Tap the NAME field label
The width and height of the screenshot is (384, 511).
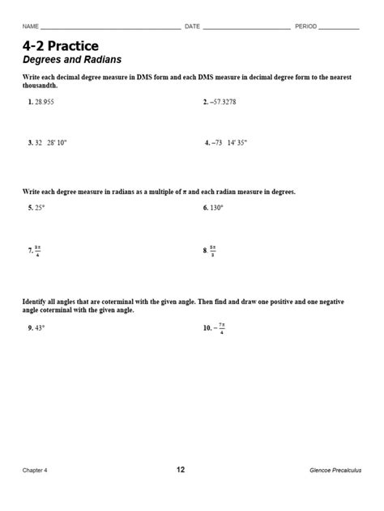31,27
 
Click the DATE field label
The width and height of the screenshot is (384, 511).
192,27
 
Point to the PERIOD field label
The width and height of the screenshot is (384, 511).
305,27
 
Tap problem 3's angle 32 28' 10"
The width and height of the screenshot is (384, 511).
51,141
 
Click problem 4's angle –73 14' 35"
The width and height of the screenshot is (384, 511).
229,141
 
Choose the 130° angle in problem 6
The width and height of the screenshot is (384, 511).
216,207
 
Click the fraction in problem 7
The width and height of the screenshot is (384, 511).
37,251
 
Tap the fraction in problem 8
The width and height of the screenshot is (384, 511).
213,251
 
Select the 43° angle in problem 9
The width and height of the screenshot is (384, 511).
40,328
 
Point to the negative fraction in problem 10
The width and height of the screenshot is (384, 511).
219,328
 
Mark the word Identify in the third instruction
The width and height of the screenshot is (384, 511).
36,302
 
